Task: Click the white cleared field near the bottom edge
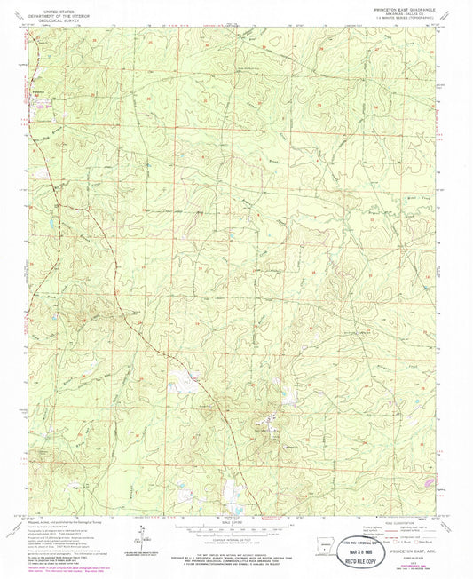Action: [233, 488]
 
